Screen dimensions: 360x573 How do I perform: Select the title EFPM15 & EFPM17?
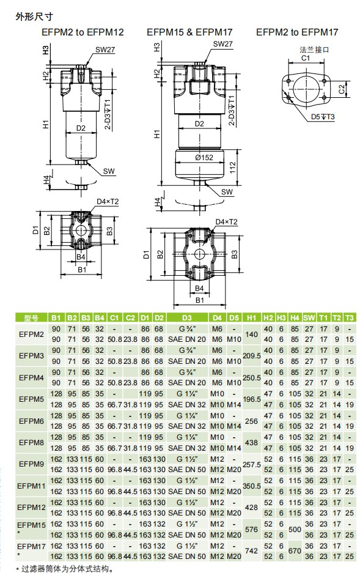[189, 32]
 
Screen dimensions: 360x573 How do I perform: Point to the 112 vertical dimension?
[233, 168]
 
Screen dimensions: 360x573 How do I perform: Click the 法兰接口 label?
[314, 50]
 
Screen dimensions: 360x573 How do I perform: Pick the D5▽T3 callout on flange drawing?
[323, 117]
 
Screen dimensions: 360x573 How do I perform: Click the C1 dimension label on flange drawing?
[305, 57]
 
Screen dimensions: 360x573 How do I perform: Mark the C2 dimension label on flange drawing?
[342, 89]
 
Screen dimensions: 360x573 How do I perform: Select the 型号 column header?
[31, 318]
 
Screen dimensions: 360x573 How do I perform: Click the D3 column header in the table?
[186, 318]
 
